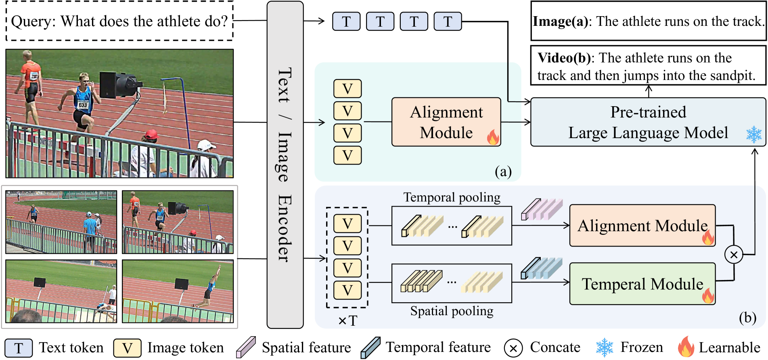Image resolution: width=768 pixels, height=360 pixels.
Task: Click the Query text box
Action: tap(120, 21)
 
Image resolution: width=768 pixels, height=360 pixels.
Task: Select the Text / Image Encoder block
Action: tap(285, 165)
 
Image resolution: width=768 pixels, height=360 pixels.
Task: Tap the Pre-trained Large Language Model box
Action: tap(648, 122)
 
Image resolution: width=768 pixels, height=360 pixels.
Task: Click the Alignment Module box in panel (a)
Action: tap(446, 122)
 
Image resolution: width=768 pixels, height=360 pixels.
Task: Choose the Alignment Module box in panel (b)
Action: tap(642, 226)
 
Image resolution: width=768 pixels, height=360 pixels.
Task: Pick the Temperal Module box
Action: tap(642, 284)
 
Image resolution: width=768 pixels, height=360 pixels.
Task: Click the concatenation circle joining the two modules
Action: tap(734, 255)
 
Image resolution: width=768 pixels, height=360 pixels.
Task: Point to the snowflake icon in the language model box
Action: tap(753, 134)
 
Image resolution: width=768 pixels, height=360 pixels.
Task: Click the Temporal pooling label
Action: tap(452, 197)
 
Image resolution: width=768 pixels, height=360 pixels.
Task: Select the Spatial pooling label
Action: tap(452, 311)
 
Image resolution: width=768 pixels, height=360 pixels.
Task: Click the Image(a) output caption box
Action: tap(648, 21)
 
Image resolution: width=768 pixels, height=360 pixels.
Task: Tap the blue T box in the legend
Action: tap(19, 348)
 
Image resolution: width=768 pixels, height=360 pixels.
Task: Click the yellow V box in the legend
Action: tap(128, 348)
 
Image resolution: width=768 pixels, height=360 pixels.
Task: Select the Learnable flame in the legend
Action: tap(686, 347)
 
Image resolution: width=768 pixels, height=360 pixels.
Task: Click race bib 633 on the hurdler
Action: tap(83, 105)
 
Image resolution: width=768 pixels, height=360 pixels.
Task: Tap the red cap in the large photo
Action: tap(151, 134)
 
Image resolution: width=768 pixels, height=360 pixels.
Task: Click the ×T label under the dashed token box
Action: tap(347, 321)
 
